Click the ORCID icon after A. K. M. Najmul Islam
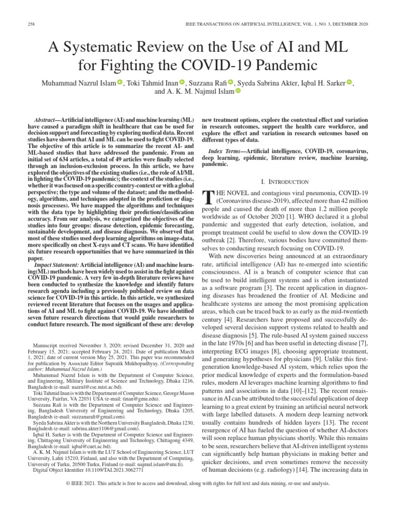click(x=237, y=92)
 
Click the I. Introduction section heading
click(x=285, y=182)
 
